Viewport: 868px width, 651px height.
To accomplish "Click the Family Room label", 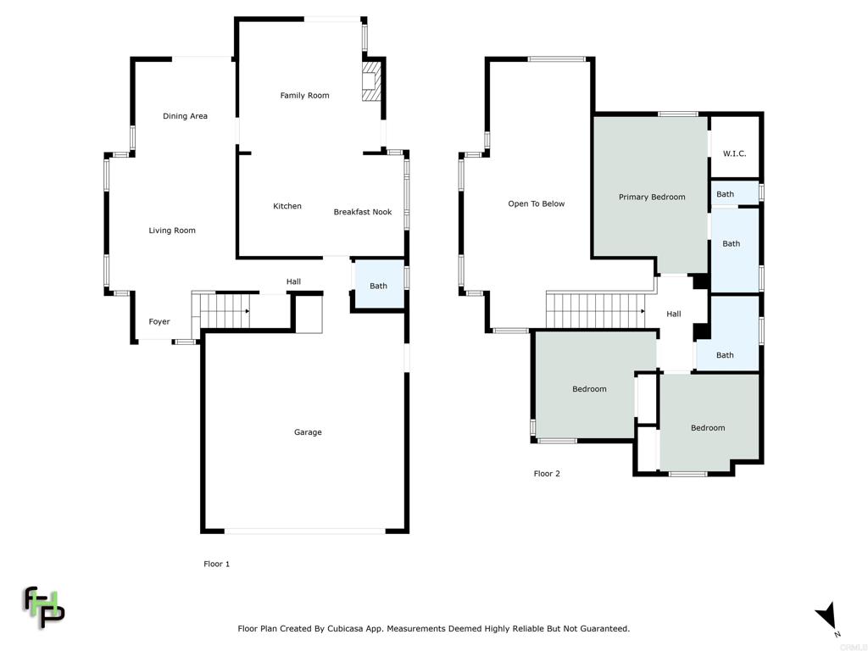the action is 304,95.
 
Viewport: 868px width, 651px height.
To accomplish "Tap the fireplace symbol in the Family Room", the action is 371,81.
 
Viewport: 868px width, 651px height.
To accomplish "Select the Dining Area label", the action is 185,115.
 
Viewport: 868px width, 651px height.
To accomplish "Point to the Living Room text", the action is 171,231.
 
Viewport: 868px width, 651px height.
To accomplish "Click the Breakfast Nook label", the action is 363,211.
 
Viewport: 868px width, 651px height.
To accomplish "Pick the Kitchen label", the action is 287,206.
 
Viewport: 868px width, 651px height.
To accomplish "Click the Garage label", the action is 308,431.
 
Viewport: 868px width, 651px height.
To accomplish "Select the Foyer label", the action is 159,321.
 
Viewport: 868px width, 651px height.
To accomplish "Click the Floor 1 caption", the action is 216,564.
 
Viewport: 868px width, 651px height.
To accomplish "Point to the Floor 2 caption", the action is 547,473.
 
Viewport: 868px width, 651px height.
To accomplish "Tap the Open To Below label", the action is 537,203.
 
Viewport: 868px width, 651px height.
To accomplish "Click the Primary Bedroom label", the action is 652,197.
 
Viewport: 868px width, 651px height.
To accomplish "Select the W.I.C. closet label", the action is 735,153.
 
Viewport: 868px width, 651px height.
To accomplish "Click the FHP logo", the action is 43,607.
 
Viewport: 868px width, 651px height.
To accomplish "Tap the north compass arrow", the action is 827,615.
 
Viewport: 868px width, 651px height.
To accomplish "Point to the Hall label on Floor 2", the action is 674,314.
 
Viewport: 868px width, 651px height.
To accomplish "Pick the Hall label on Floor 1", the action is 293,281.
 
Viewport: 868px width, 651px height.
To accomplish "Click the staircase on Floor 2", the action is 596,310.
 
